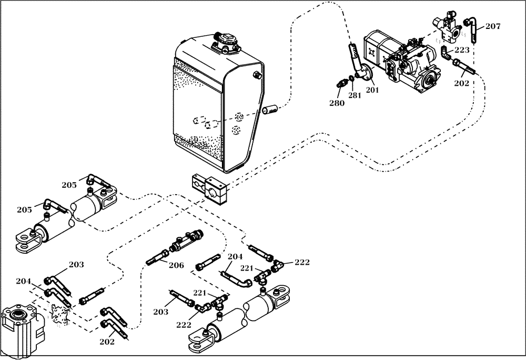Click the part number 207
[x=493, y=26]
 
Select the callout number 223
[x=462, y=51]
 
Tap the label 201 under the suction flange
[x=372, y=89]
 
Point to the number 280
[x=337, y=103]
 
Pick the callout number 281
[x=354, y=95]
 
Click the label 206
[x=176, y=265]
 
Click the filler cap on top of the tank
[x=225, y=42]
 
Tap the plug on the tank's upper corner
[x=257, y=76]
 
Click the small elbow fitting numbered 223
[x=446, y=52]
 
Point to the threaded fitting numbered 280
[x=341, y=83]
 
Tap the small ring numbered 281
[x=356, y=77]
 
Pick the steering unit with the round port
[x=21, y=324]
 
